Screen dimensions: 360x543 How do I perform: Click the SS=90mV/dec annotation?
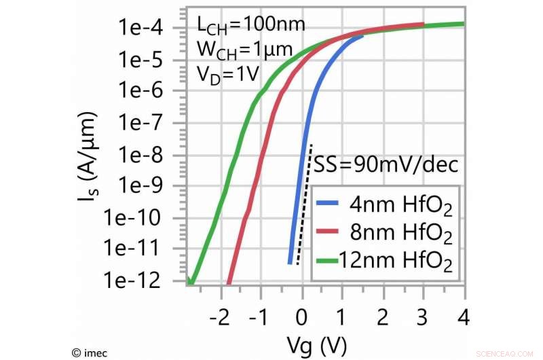385,164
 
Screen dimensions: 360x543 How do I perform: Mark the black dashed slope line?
304,204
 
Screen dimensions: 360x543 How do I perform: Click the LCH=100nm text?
250,25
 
